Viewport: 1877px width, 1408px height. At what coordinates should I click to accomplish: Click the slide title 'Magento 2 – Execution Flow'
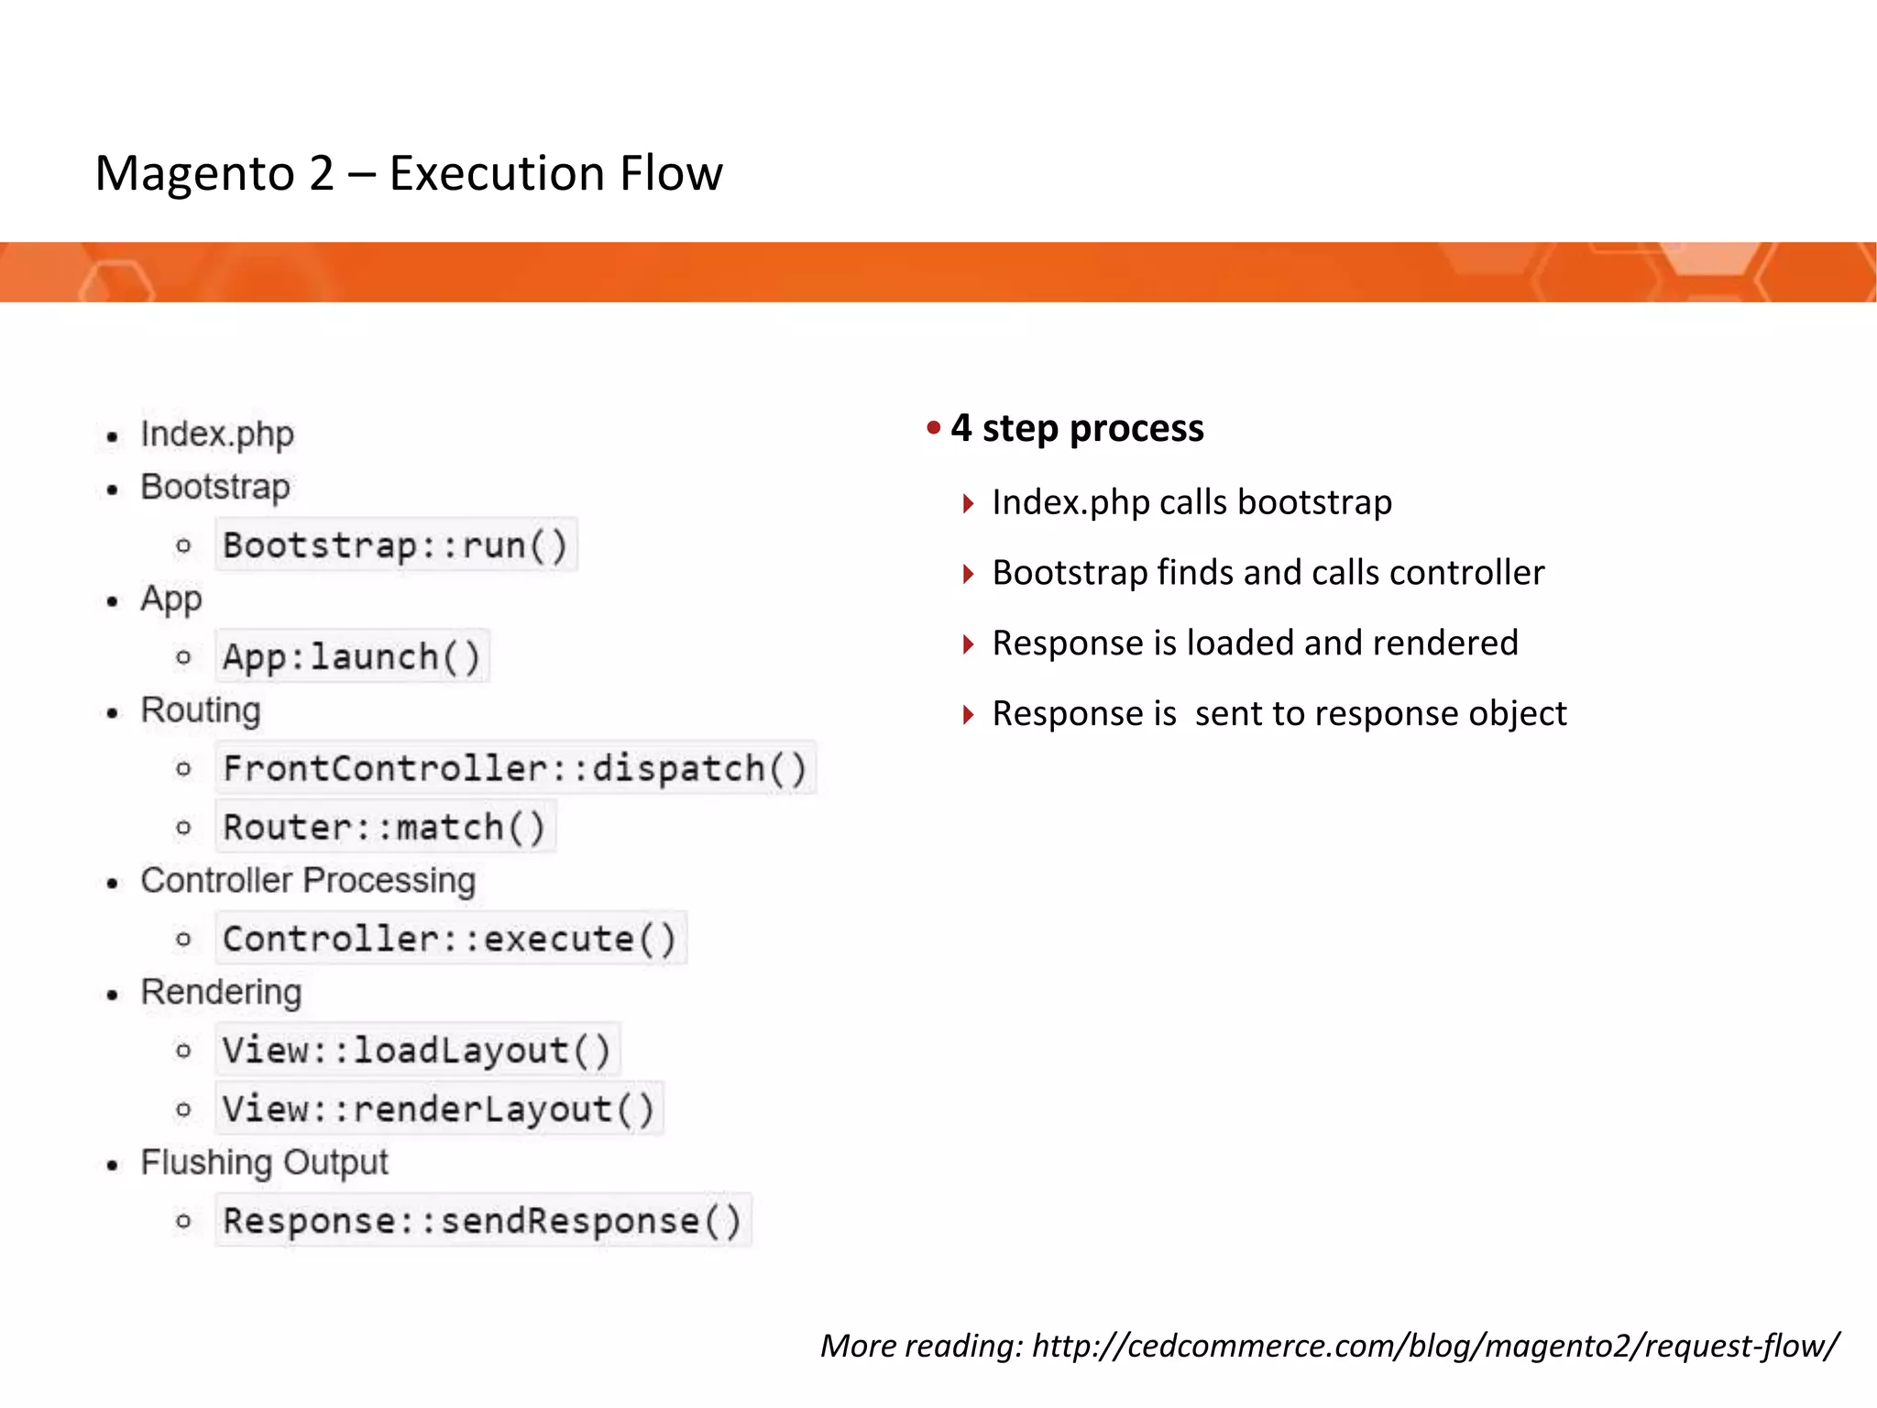[409, 173]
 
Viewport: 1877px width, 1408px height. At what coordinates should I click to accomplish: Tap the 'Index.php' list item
[217, 434]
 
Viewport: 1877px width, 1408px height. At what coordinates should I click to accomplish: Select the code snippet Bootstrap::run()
[396, 545]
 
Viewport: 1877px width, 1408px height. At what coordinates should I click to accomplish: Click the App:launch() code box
[352, 656]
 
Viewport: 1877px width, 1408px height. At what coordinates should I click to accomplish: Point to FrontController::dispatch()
[515, 768]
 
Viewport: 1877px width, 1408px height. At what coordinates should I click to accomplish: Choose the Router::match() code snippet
[385, 827]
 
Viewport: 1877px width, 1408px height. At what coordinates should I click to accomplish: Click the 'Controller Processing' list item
[308, 881]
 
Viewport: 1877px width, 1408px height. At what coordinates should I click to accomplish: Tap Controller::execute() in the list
[450, 939]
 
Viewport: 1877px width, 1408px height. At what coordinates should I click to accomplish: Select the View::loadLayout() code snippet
[417, 1050]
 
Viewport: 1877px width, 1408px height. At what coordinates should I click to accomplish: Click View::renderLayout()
[439, 1109]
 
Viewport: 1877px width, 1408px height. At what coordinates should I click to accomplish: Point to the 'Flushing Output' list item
[264, 1162]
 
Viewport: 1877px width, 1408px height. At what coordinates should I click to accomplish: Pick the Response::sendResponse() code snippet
[483, 1221]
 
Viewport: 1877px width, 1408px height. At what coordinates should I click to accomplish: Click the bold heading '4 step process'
[1077, 428]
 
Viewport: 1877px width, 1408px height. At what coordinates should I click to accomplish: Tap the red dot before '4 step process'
[934, 427]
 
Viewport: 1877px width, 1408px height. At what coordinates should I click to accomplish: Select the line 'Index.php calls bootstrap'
[1191, 502]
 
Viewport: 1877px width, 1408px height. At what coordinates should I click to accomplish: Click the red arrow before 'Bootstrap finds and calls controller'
[968, 574]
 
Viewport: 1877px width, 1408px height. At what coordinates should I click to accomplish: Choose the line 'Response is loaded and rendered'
[1255, 643]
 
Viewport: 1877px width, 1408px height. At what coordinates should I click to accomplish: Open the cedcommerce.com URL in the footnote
[1435, 1346]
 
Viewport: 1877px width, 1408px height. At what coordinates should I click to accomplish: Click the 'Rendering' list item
[221, 993]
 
